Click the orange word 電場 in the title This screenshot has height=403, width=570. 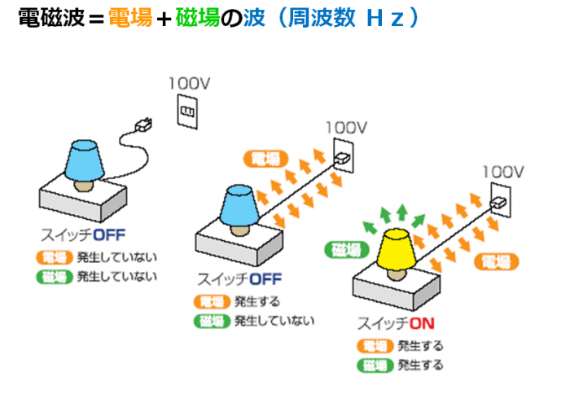click(129, 18)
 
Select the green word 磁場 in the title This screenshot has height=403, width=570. click(202, 18)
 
